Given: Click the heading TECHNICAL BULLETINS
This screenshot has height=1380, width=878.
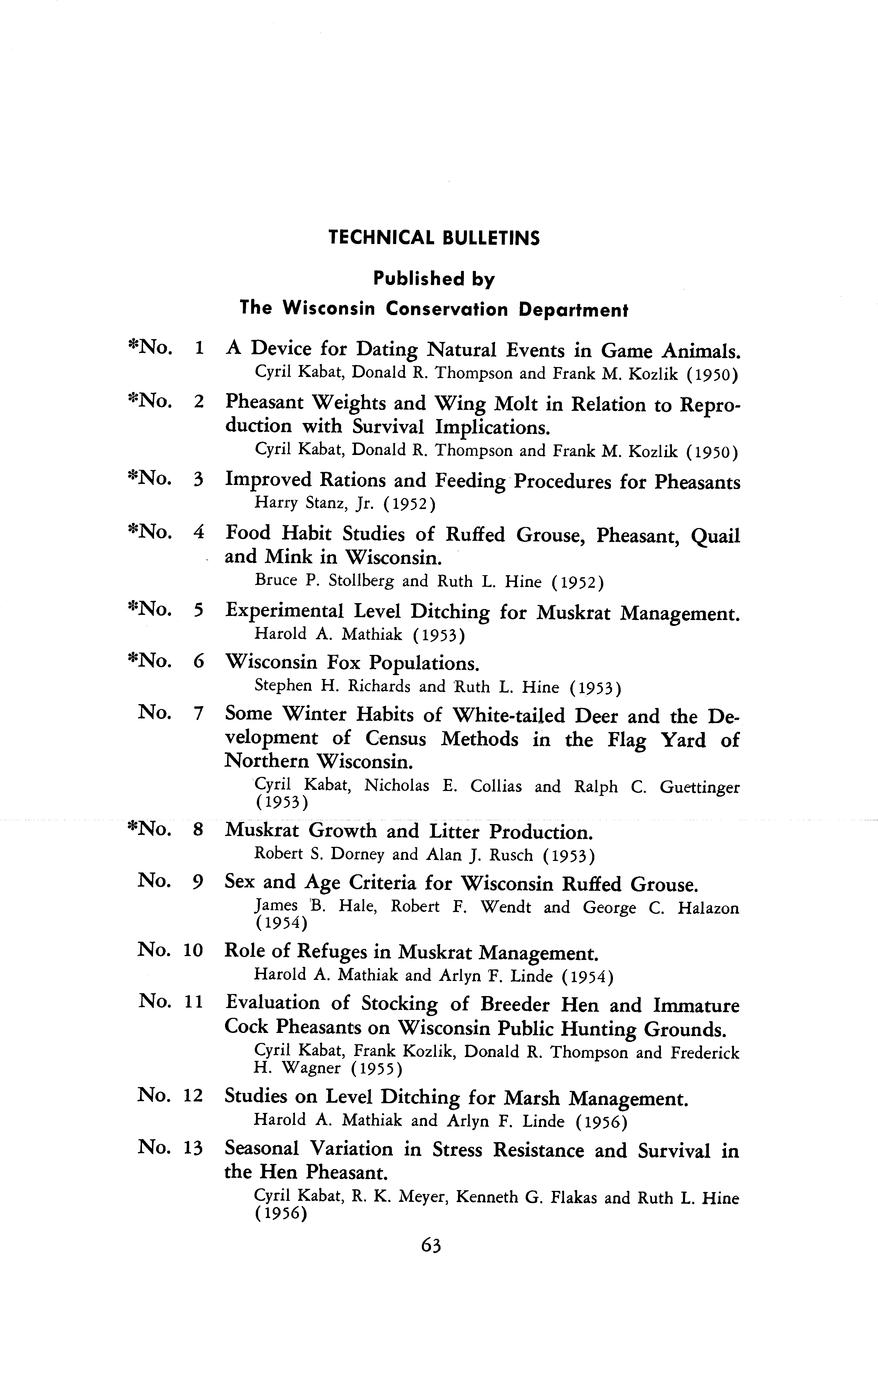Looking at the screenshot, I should click(434, 238).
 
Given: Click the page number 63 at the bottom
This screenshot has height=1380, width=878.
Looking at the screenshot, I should click(432, 1245).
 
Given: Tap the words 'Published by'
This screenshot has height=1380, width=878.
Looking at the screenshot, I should click(434, 279).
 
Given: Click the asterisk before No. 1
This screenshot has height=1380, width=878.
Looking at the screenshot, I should click(133, 347).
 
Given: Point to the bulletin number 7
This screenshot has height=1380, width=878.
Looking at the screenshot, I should click(199, 713).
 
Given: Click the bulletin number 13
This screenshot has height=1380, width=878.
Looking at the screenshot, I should click(193, 1147).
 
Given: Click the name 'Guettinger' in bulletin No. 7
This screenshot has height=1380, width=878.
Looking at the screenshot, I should click(699, 787).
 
